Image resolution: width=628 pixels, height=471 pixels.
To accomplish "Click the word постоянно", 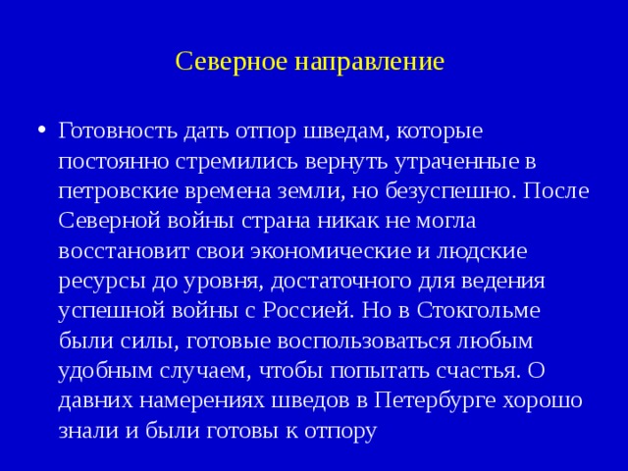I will pos(112,160).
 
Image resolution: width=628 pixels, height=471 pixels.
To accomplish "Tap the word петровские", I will pos(117,190).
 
